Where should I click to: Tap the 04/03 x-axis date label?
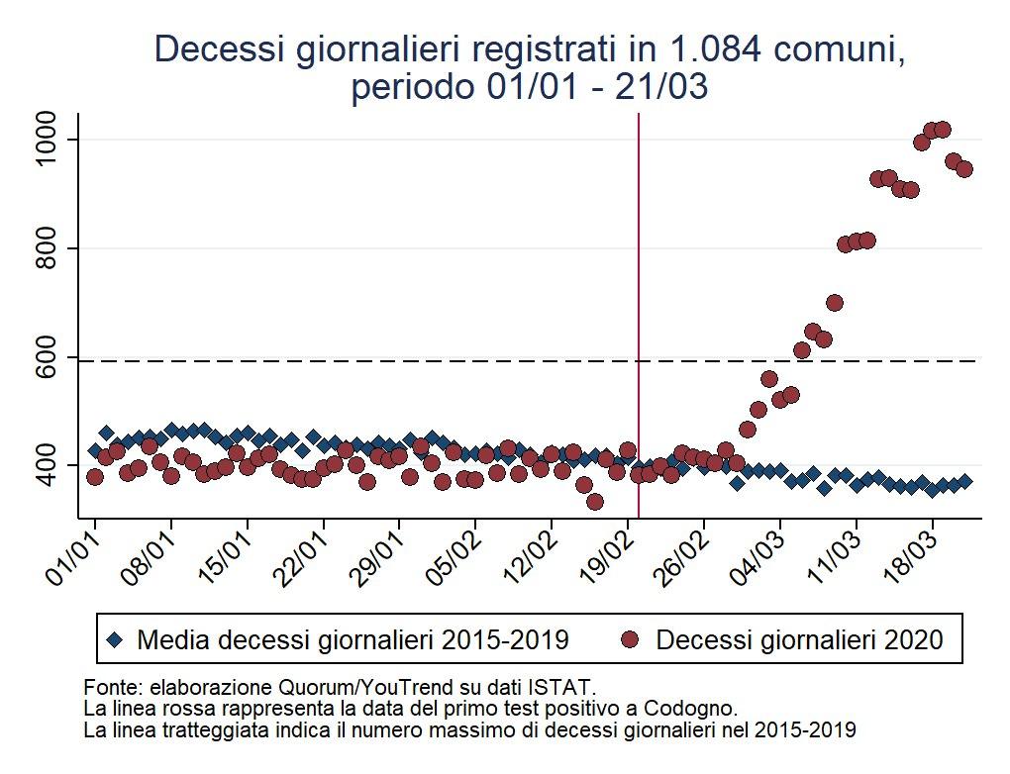[758, 550]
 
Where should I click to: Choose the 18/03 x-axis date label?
[911, 550]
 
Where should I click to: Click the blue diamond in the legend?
[115, 640]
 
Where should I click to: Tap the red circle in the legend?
[628, 640]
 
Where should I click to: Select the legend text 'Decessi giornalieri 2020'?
[799, 640]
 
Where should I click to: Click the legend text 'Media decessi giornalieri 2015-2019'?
[353, 640]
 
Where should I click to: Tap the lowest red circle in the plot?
[594, 502]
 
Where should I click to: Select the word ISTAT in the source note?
[563, 686]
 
